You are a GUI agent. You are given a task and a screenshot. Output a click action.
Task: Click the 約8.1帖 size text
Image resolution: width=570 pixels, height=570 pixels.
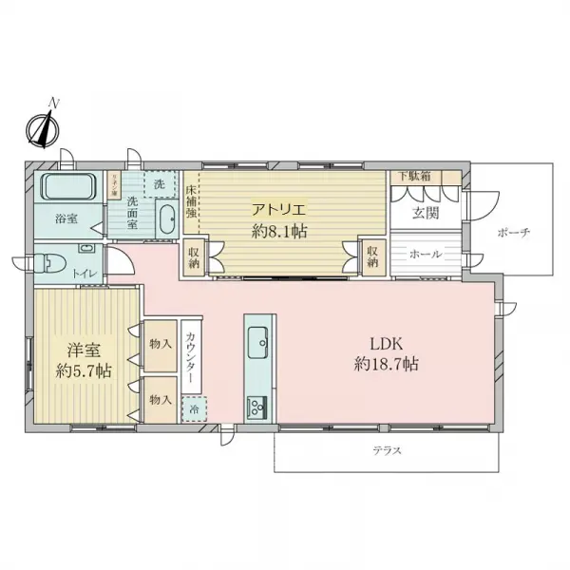279,231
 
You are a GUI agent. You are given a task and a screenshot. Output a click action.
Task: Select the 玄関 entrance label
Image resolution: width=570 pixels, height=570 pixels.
425,213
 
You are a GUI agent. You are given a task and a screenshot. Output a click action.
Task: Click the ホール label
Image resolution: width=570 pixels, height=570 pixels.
425,256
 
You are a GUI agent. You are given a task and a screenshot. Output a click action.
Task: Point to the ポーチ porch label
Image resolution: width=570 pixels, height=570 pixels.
512,233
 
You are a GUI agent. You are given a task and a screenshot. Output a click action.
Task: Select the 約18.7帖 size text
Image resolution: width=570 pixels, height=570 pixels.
388,364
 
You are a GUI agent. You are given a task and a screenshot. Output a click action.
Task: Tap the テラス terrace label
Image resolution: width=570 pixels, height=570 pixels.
388,450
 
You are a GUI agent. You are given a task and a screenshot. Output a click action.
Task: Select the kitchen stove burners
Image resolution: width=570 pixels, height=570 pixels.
257,408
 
